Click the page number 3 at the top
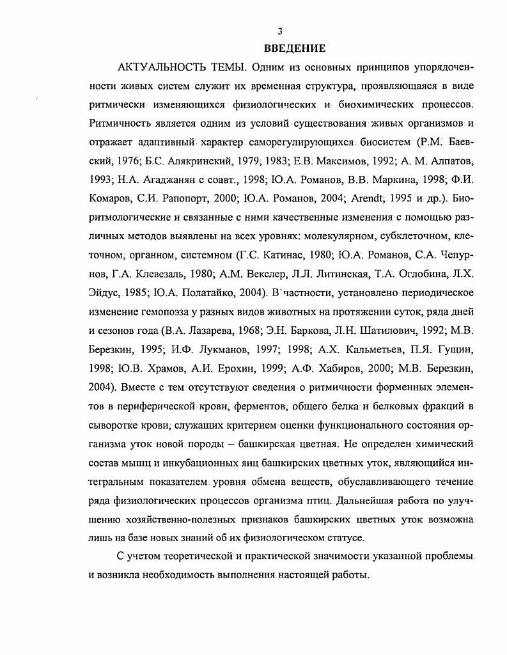[x=279, y=31]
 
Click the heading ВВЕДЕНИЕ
[x=295, y=48]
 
